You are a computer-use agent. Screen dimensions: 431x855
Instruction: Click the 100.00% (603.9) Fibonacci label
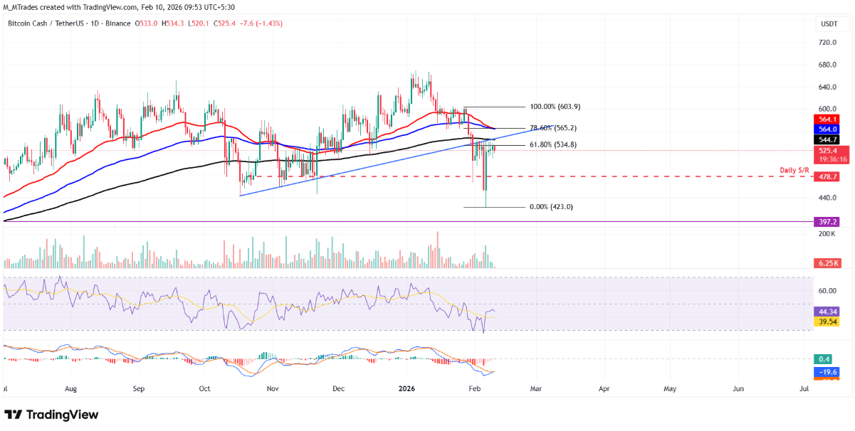[x=555, y=107]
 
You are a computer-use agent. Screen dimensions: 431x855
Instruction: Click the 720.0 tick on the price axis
[x=827, y=43]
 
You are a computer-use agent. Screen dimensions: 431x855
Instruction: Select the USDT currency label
[x=829, y=24]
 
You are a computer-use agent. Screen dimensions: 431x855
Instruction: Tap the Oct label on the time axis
[x=204, y=389]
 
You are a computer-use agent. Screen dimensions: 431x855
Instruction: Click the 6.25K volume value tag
[x=828, y=263]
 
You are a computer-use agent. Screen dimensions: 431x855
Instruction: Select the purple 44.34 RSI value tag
[x=828, y=312]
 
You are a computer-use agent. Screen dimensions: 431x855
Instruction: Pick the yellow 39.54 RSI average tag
[x=828, y=321]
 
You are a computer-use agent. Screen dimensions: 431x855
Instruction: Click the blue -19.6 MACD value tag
[x=828, y=371]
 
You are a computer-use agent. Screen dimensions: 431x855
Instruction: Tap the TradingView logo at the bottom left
[x=51, y=415]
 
